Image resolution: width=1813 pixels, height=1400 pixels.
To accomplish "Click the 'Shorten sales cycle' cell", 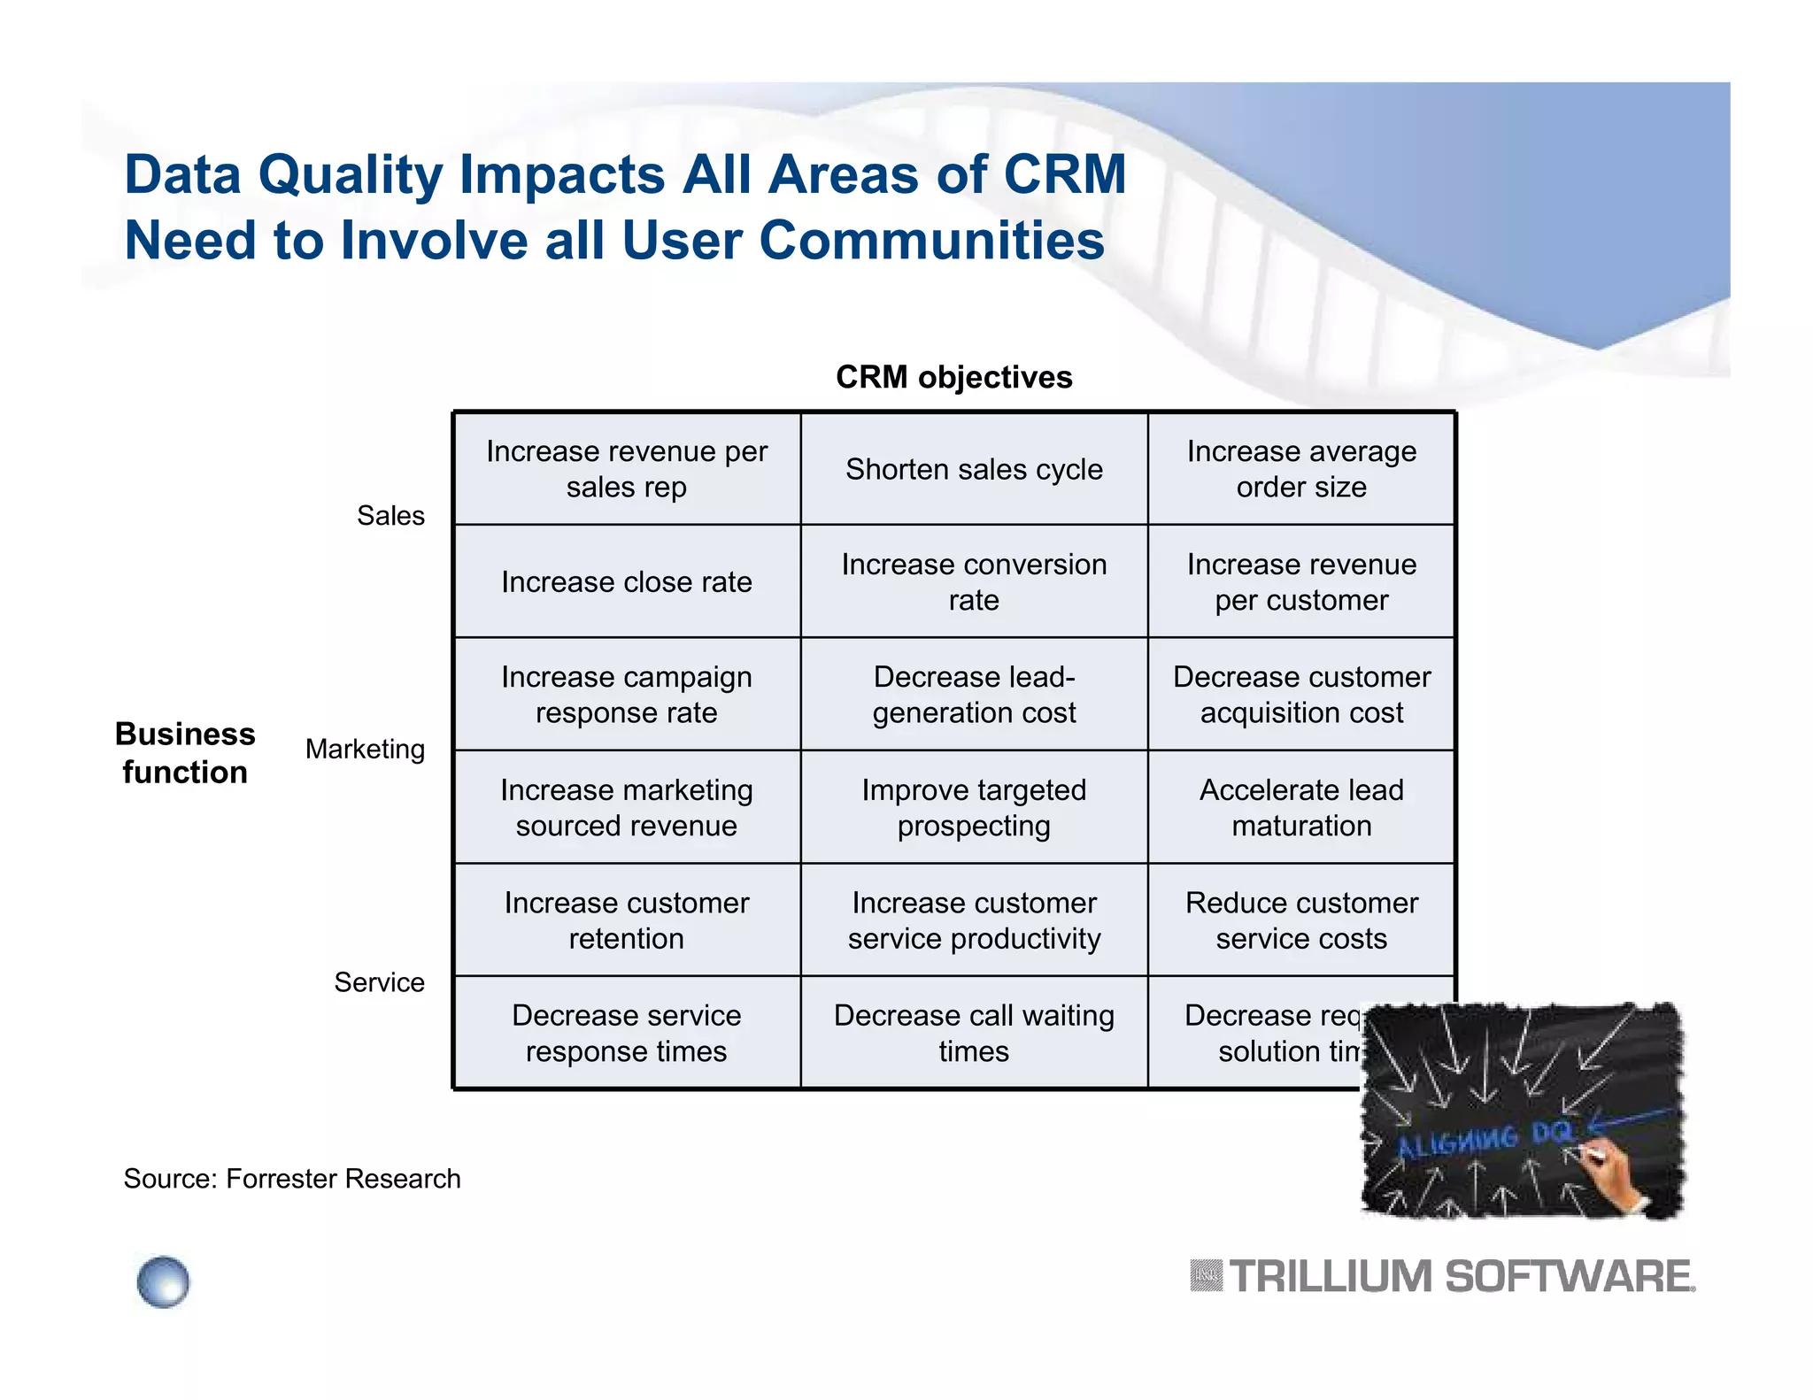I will tap(974, 469).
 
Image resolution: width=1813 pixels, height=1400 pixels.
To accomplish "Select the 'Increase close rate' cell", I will tap(626, 581).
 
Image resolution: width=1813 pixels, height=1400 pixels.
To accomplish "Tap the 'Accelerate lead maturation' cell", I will tap(1300, 807).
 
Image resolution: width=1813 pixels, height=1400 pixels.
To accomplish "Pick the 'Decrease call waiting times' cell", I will tap(974, 1033).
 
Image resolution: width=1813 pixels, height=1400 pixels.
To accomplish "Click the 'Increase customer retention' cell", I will tap(626, 920).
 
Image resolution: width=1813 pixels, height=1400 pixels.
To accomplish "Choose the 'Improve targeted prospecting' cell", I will tap(974, 807).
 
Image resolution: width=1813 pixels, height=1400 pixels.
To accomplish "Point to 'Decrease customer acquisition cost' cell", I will tap(1300, 695).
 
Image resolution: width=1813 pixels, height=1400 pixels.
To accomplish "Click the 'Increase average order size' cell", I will tap(1300, 469).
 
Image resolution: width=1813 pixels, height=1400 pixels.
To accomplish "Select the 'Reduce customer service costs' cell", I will tap(1300, 920).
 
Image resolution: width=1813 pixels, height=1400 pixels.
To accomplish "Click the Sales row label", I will tap(390, 516).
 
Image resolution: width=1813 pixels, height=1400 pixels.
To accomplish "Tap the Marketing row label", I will tap(365, 750).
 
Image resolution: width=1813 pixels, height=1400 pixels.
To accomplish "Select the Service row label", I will tap(379, 982).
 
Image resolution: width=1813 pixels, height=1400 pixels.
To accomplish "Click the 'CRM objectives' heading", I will tap(953, 377).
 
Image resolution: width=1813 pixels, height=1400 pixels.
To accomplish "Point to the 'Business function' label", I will tap(185, 753).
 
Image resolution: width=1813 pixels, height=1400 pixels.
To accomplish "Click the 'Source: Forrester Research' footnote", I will tap(292, 1179).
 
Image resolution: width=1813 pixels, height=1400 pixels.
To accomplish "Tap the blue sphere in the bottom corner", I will tap(163, 1281).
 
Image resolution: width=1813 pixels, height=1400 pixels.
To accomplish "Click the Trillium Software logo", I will tap(1443, 1277).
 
